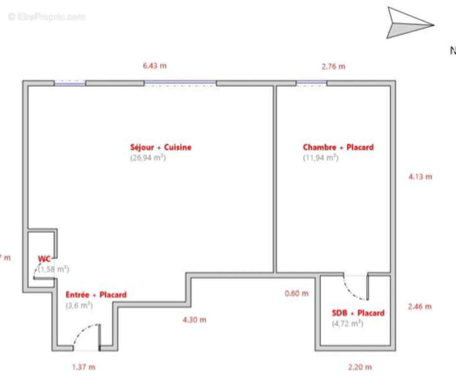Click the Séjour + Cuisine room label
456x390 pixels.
point(160,147)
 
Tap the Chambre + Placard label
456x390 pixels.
point(338,147)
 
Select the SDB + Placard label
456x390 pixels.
point(358,313)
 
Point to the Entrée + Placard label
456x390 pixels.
point(96,294)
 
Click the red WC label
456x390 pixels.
point(44,259)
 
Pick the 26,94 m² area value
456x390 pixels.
point(148,158)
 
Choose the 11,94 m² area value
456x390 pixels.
point(320,158)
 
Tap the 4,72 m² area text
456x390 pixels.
point(347,323)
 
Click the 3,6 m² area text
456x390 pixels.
point(79,306)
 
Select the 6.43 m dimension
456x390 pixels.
point(155,65)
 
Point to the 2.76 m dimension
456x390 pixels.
point(333,66)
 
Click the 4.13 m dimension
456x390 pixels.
point(420,176)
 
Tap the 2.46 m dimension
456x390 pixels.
point(419,307)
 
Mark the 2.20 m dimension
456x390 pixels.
point(360,367)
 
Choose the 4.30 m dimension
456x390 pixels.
point(194,320)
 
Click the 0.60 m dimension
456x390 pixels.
point(297,293)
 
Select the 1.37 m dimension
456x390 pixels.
point(83,367)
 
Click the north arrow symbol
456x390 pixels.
point(409,23)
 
